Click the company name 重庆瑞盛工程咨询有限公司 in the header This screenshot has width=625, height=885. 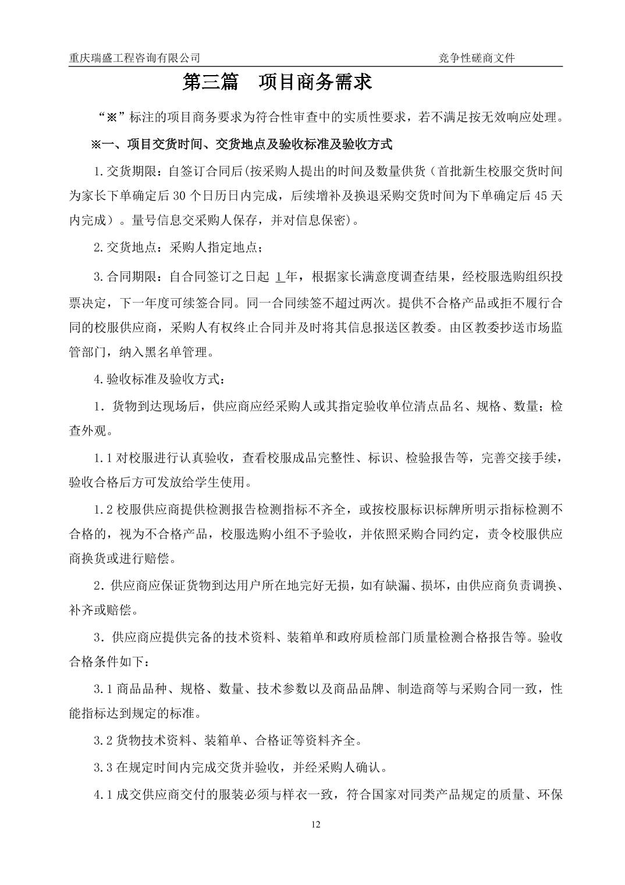(134, 58)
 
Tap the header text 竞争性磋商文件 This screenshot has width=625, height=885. (477, 58)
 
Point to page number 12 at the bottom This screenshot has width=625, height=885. (316, 824)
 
